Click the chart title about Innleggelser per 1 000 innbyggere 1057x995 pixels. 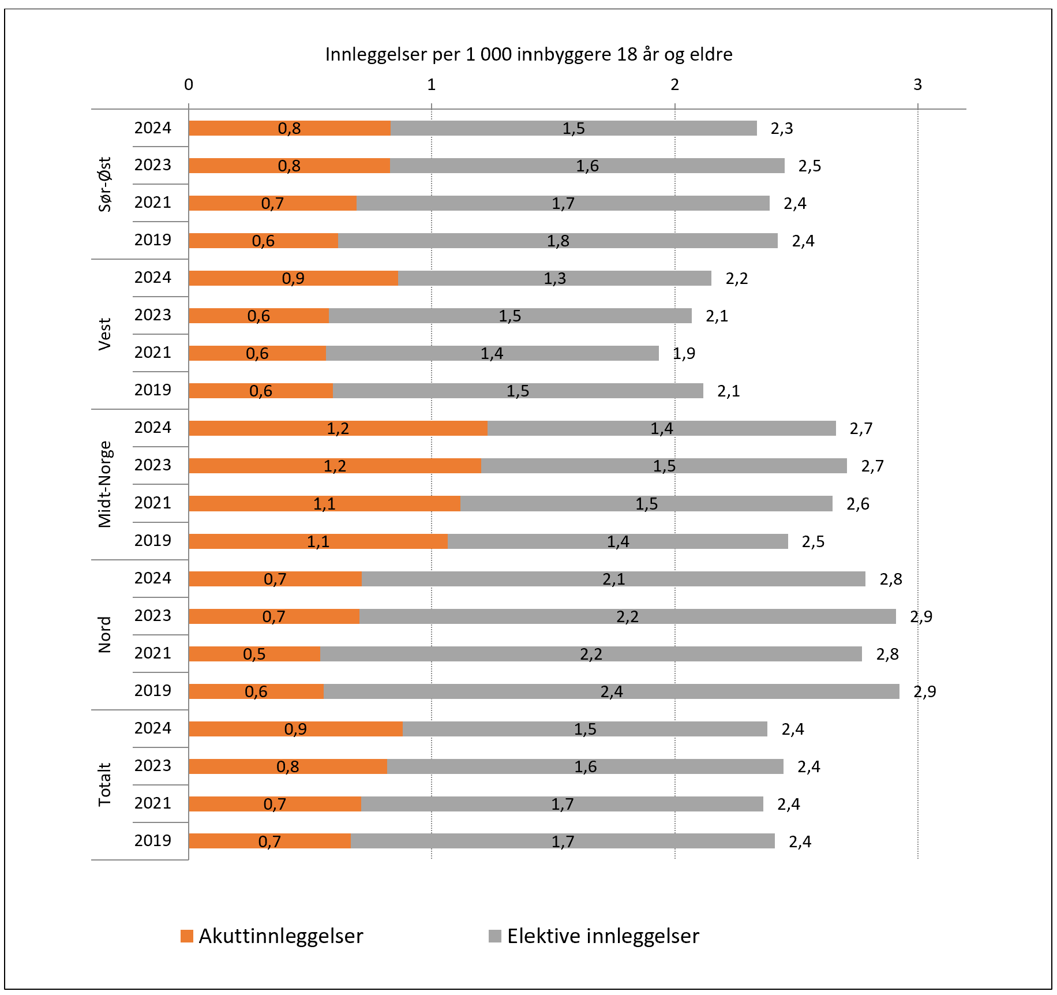[528, 54]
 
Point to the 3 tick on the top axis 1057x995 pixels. [917, 85]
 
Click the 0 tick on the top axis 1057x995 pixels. [189, 85]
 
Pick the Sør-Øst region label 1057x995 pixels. [104, 184]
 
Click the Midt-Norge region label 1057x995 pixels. [104, 484]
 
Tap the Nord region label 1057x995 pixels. [104, 635]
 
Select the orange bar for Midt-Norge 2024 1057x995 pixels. [338, 428]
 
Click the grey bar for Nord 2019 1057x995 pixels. [612, 691]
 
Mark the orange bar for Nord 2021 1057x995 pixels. [254, 654]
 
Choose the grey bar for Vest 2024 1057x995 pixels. [554, 278]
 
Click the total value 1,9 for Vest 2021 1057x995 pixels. [684, 353]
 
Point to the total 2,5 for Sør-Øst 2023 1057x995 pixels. [809, 166]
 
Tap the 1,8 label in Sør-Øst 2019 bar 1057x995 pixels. [558, 241]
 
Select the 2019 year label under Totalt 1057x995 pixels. [153, 840]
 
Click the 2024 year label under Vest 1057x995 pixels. [153, 278]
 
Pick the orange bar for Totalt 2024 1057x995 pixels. [295, 729]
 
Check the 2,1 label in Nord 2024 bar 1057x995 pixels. [614, 579]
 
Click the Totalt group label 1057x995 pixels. [104, 785]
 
